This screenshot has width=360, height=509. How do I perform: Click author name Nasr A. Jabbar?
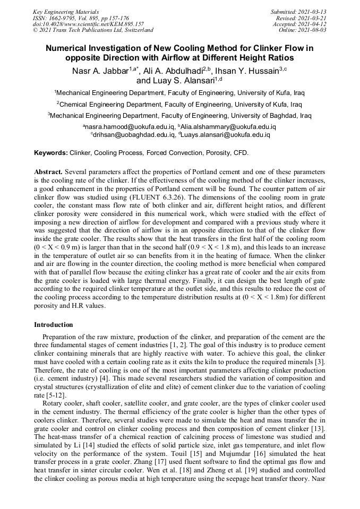point(100,71)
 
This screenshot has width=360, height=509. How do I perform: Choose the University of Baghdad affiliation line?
point(179,115)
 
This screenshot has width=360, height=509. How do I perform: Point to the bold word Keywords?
point(51,153)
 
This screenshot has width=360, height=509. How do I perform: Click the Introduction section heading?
point(54,324)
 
